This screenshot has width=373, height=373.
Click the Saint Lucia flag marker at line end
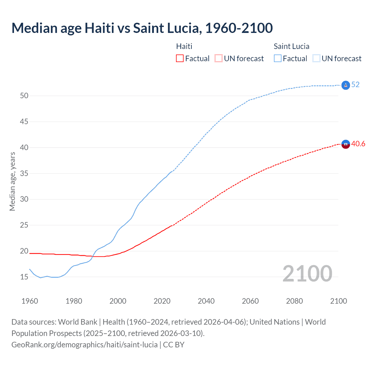coord(345,85)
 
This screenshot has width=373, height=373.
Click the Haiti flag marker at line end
coord(345,144)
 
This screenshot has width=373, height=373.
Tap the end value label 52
coord(355,85)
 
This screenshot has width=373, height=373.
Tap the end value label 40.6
coord(358,144)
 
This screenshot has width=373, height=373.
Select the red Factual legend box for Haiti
coord(180,59)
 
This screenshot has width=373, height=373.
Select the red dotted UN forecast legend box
coord(219,59)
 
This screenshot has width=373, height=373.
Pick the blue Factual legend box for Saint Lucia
coord(278,59)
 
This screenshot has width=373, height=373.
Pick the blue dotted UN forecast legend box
coord(316,59)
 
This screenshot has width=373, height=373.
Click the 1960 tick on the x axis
coord(30,301)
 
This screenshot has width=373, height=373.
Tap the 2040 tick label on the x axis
coord(206,301)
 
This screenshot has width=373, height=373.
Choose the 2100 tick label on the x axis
coord(338,301)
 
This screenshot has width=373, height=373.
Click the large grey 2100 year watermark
coord(307,273)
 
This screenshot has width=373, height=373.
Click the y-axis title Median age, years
coord(12,181)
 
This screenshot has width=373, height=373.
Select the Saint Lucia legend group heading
coord(291,46)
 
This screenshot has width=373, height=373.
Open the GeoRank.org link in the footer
coord(85,345)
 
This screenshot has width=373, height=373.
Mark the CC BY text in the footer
coord(174,345)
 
